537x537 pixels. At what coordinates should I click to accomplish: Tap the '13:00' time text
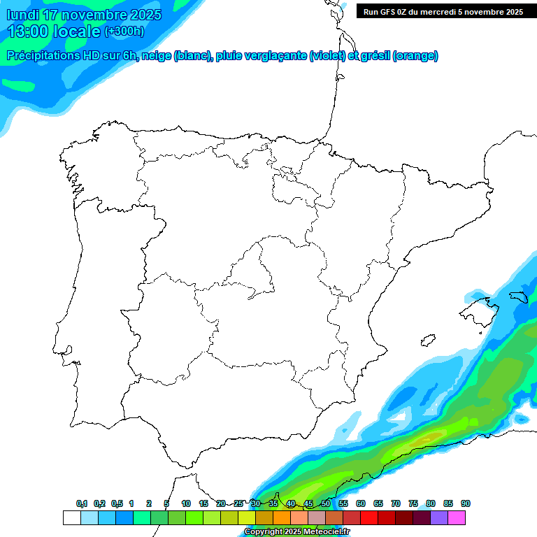click(x=27, y=31)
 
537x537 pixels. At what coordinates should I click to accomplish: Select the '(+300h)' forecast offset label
click(x=124, y=31)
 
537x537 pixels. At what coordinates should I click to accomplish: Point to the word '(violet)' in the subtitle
click(x=327, y=56)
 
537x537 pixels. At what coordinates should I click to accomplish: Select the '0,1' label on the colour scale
click(x=82, y=503)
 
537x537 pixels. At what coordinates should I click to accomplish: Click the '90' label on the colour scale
click(x=466, y=503)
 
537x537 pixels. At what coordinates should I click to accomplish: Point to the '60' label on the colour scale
click(x=361, y=503)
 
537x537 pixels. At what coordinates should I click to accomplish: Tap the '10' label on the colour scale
click(x=186, y=503)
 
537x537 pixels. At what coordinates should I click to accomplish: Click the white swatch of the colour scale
click(x=71, y=517)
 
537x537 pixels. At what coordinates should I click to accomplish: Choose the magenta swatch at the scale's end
click(x=457, y=517)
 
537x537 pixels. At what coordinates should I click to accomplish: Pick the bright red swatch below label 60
click(x=368, y=517)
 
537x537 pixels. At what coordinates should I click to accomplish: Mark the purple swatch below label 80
click(x=438, y=517)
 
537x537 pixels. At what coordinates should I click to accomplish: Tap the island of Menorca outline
click(x=518, y=296)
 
